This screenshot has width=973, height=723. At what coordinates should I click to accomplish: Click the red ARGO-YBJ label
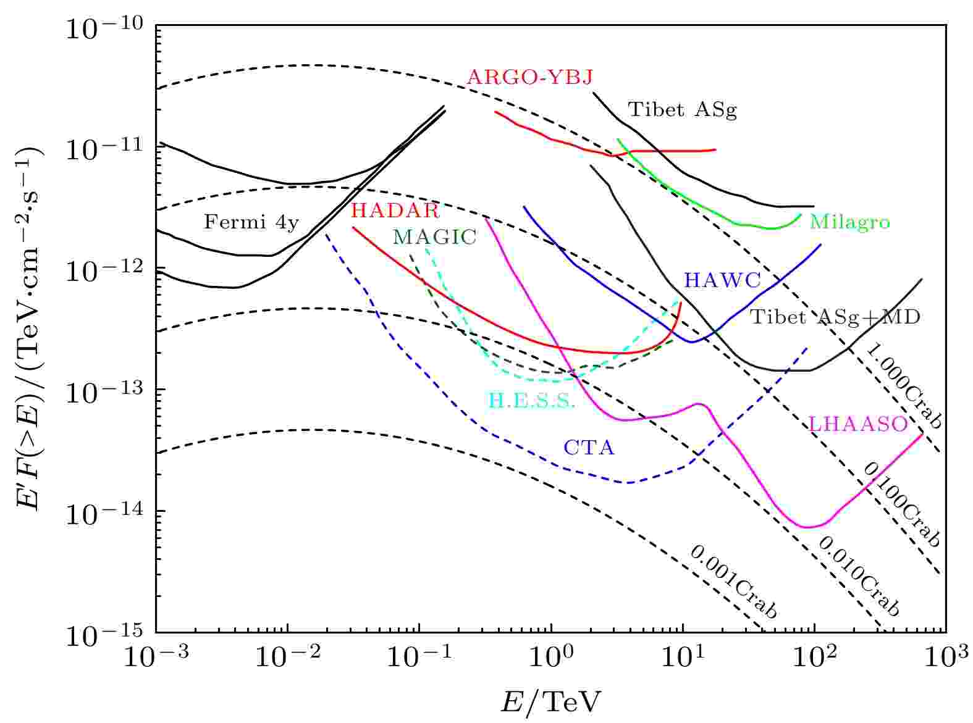click(x=529, y=78)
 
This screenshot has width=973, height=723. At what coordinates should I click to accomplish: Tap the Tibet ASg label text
click(x=682, y=111)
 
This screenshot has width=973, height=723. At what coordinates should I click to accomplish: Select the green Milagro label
click(x=849, y=222)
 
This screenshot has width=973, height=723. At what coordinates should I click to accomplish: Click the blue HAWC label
click(x=722, y=281)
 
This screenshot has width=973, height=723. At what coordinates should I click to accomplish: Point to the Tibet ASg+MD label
click(x=835, y=317)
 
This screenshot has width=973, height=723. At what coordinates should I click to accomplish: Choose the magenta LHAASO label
click(x=858, y=424)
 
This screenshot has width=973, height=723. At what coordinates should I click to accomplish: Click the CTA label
click(x=589, y=448)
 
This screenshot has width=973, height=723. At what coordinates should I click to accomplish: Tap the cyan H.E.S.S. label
click(x=532, y=401)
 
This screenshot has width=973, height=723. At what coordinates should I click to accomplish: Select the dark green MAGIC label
click(x=434, y=237)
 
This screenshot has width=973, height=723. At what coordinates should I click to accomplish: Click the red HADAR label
click(x=395, y=211)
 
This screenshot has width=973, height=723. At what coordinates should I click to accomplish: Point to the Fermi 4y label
click(x=251, y=222)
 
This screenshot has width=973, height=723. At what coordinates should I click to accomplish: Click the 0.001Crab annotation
click(x=733, y=582)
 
